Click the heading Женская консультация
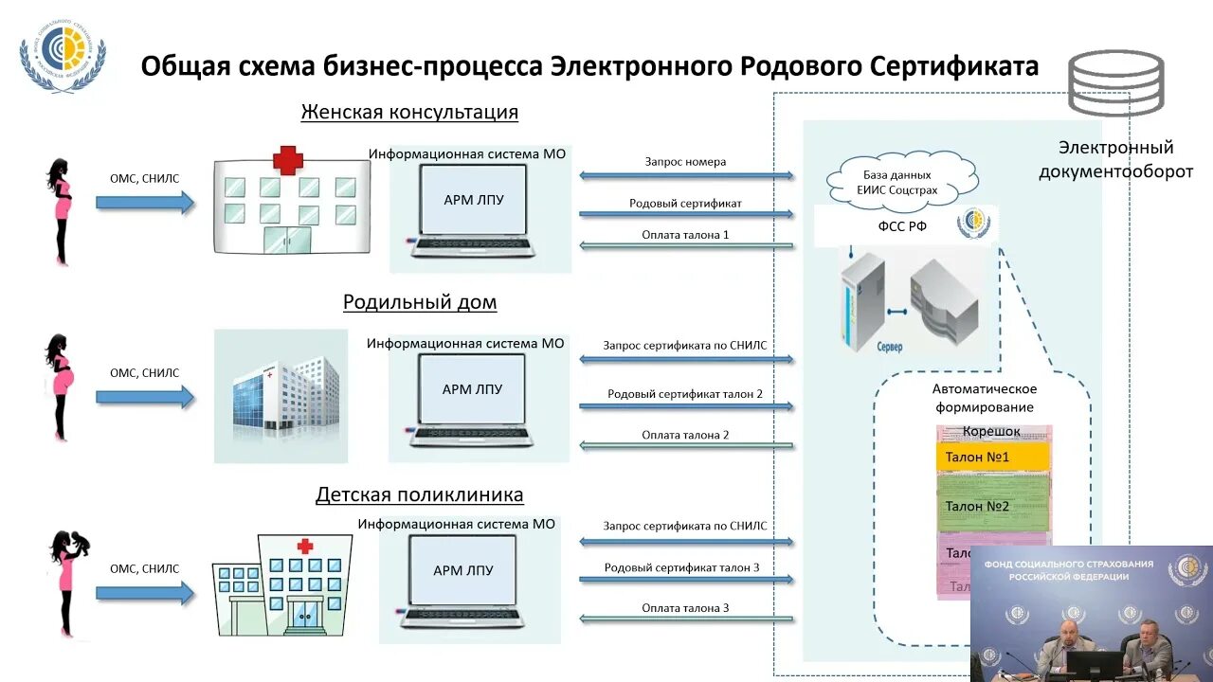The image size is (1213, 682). pyautogui.click(x=409, y=112)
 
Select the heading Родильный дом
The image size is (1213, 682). pyautogui.click(x=419, y=302)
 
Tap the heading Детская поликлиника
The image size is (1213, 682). pyautogui.click(x=419, y=494)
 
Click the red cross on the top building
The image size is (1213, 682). pyautogui.click(x=287, y=160)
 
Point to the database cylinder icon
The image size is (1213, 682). pyautogui.click(x=1115, y=84)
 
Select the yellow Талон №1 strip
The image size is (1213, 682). pyautogui.click(x=992, y=458)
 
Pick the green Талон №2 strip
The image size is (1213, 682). pyautogui.click(x=992, y=507)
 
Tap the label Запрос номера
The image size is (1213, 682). pyautogui.click(x=685, y=162)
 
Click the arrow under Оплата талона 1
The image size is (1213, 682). pyautogui.click(x=685, y=246)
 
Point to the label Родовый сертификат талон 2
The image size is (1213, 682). pyautogui.click(x=685, y=393)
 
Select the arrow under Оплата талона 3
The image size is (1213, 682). pyautogui.click(x=685, y=619)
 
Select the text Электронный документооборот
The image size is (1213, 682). pyautogui.click(x=1115, y=159)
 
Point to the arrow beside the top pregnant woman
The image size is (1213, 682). pyautogui.click(x=144, y=202)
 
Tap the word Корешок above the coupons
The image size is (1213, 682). pyautogui.click(x=991, y=432)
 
